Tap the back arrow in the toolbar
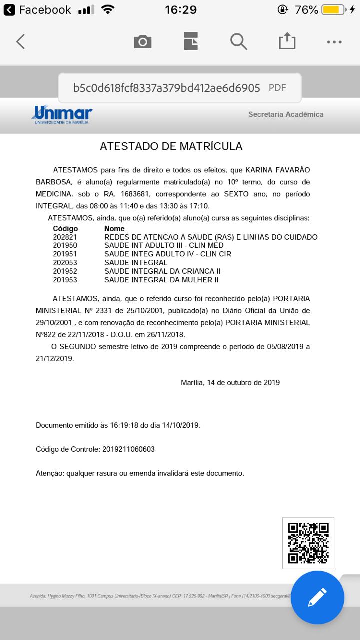coord(20,42)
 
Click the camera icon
coord(143,42)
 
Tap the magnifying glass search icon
coord(239,42)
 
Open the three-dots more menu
coord(334,42)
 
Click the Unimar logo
coord(62,115)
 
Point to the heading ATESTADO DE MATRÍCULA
coord(171,146)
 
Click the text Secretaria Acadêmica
coord(286,114)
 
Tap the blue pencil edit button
coord(317,597)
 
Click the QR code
coord(308,543)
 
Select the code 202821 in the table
coord(65,237)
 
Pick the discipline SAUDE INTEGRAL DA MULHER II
coord(161,280)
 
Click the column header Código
coord(65,229)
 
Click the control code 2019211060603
coord(128,449)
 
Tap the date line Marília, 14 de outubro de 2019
coord(230,383)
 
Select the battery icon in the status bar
coord(333,10)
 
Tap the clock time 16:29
coord(180,10)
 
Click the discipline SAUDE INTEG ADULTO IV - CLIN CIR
coord(168,254)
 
